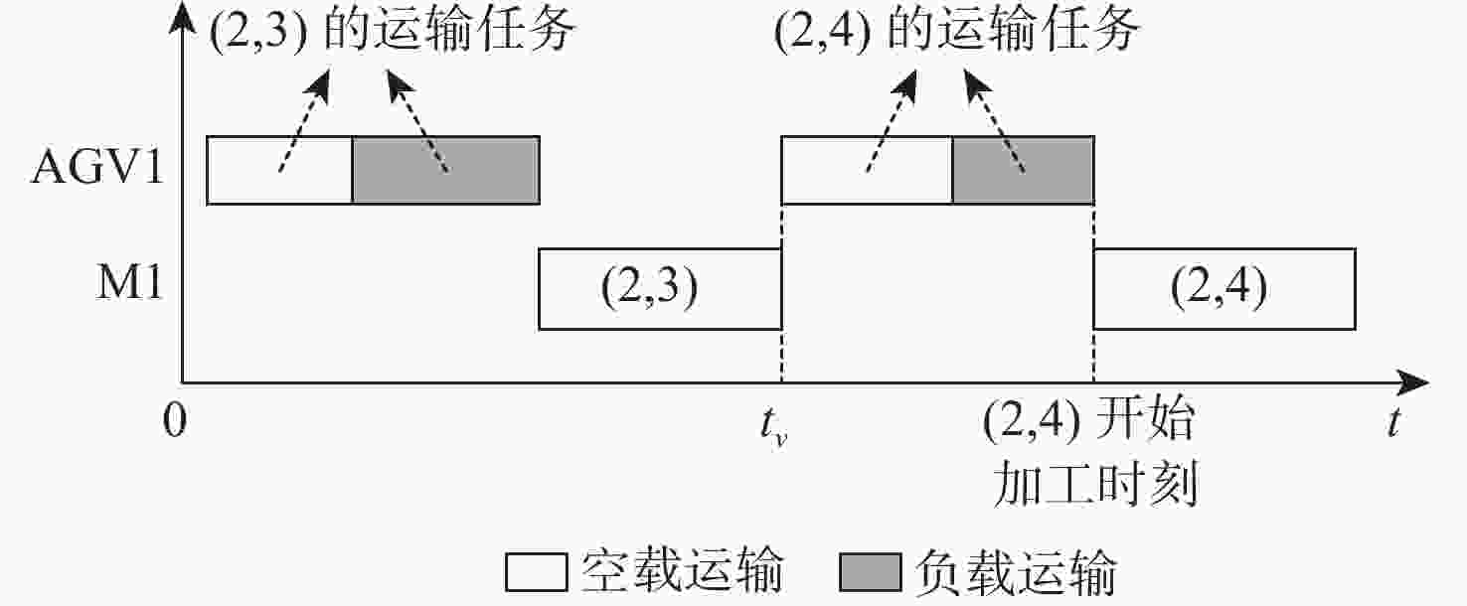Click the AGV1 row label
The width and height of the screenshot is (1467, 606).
tap(97, 168)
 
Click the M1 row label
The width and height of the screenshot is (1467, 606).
tap(129, 283)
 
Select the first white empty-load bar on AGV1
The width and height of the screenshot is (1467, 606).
tap(279, 170)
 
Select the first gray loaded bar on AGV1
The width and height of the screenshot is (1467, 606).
tap(446, 170)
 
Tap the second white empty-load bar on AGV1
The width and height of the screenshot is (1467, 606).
tap(867, 170)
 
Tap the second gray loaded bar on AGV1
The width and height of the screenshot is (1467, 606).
tap(1023, 170)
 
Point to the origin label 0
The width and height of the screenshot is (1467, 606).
tap(175, 421)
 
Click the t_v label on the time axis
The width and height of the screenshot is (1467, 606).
tap(773, 425)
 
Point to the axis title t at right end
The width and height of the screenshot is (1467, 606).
tap(1394, 421)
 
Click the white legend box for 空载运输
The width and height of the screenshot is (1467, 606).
tap(537, 572)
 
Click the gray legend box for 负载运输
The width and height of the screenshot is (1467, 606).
tap(871, 572)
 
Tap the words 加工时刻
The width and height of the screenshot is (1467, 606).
tap(1095, 484)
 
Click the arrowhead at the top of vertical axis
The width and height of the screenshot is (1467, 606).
tap(182, 16)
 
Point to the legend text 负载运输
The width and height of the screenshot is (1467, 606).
tap(1016, 572)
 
